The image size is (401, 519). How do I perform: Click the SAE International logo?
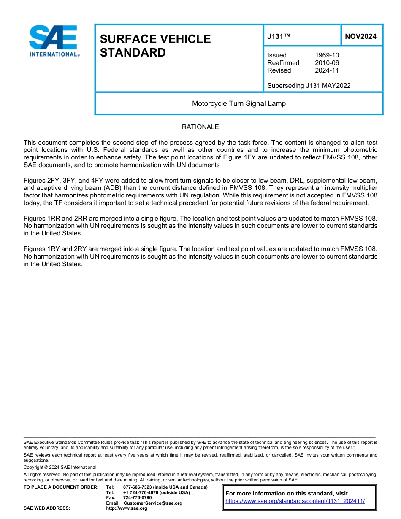coord(54,41)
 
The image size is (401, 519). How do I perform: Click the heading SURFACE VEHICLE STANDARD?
coord(155,46)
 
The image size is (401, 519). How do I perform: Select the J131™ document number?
coord(279,37)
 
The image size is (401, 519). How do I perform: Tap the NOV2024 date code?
coord(360,37)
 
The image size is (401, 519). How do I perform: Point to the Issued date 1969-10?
coord(327,55)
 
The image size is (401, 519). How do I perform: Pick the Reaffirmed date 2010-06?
coord(327,63)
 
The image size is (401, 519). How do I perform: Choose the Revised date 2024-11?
coord(327,70)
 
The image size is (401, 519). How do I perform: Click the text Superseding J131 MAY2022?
coord(309,86)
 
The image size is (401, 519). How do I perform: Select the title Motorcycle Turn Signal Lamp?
coord(238,103)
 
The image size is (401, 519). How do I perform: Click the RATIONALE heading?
coord(200,127)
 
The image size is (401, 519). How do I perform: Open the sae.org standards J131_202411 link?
coord(295,501)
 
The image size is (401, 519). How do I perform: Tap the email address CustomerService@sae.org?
coord(153,503)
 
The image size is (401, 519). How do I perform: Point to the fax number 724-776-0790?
coord(138,498)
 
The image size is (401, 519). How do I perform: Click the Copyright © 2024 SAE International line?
coord(60,467)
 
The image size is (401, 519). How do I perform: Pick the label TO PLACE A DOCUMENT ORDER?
coord(61,487)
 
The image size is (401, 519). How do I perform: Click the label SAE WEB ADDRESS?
coord(46,508)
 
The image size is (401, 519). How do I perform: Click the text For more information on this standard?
coord(287,493)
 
